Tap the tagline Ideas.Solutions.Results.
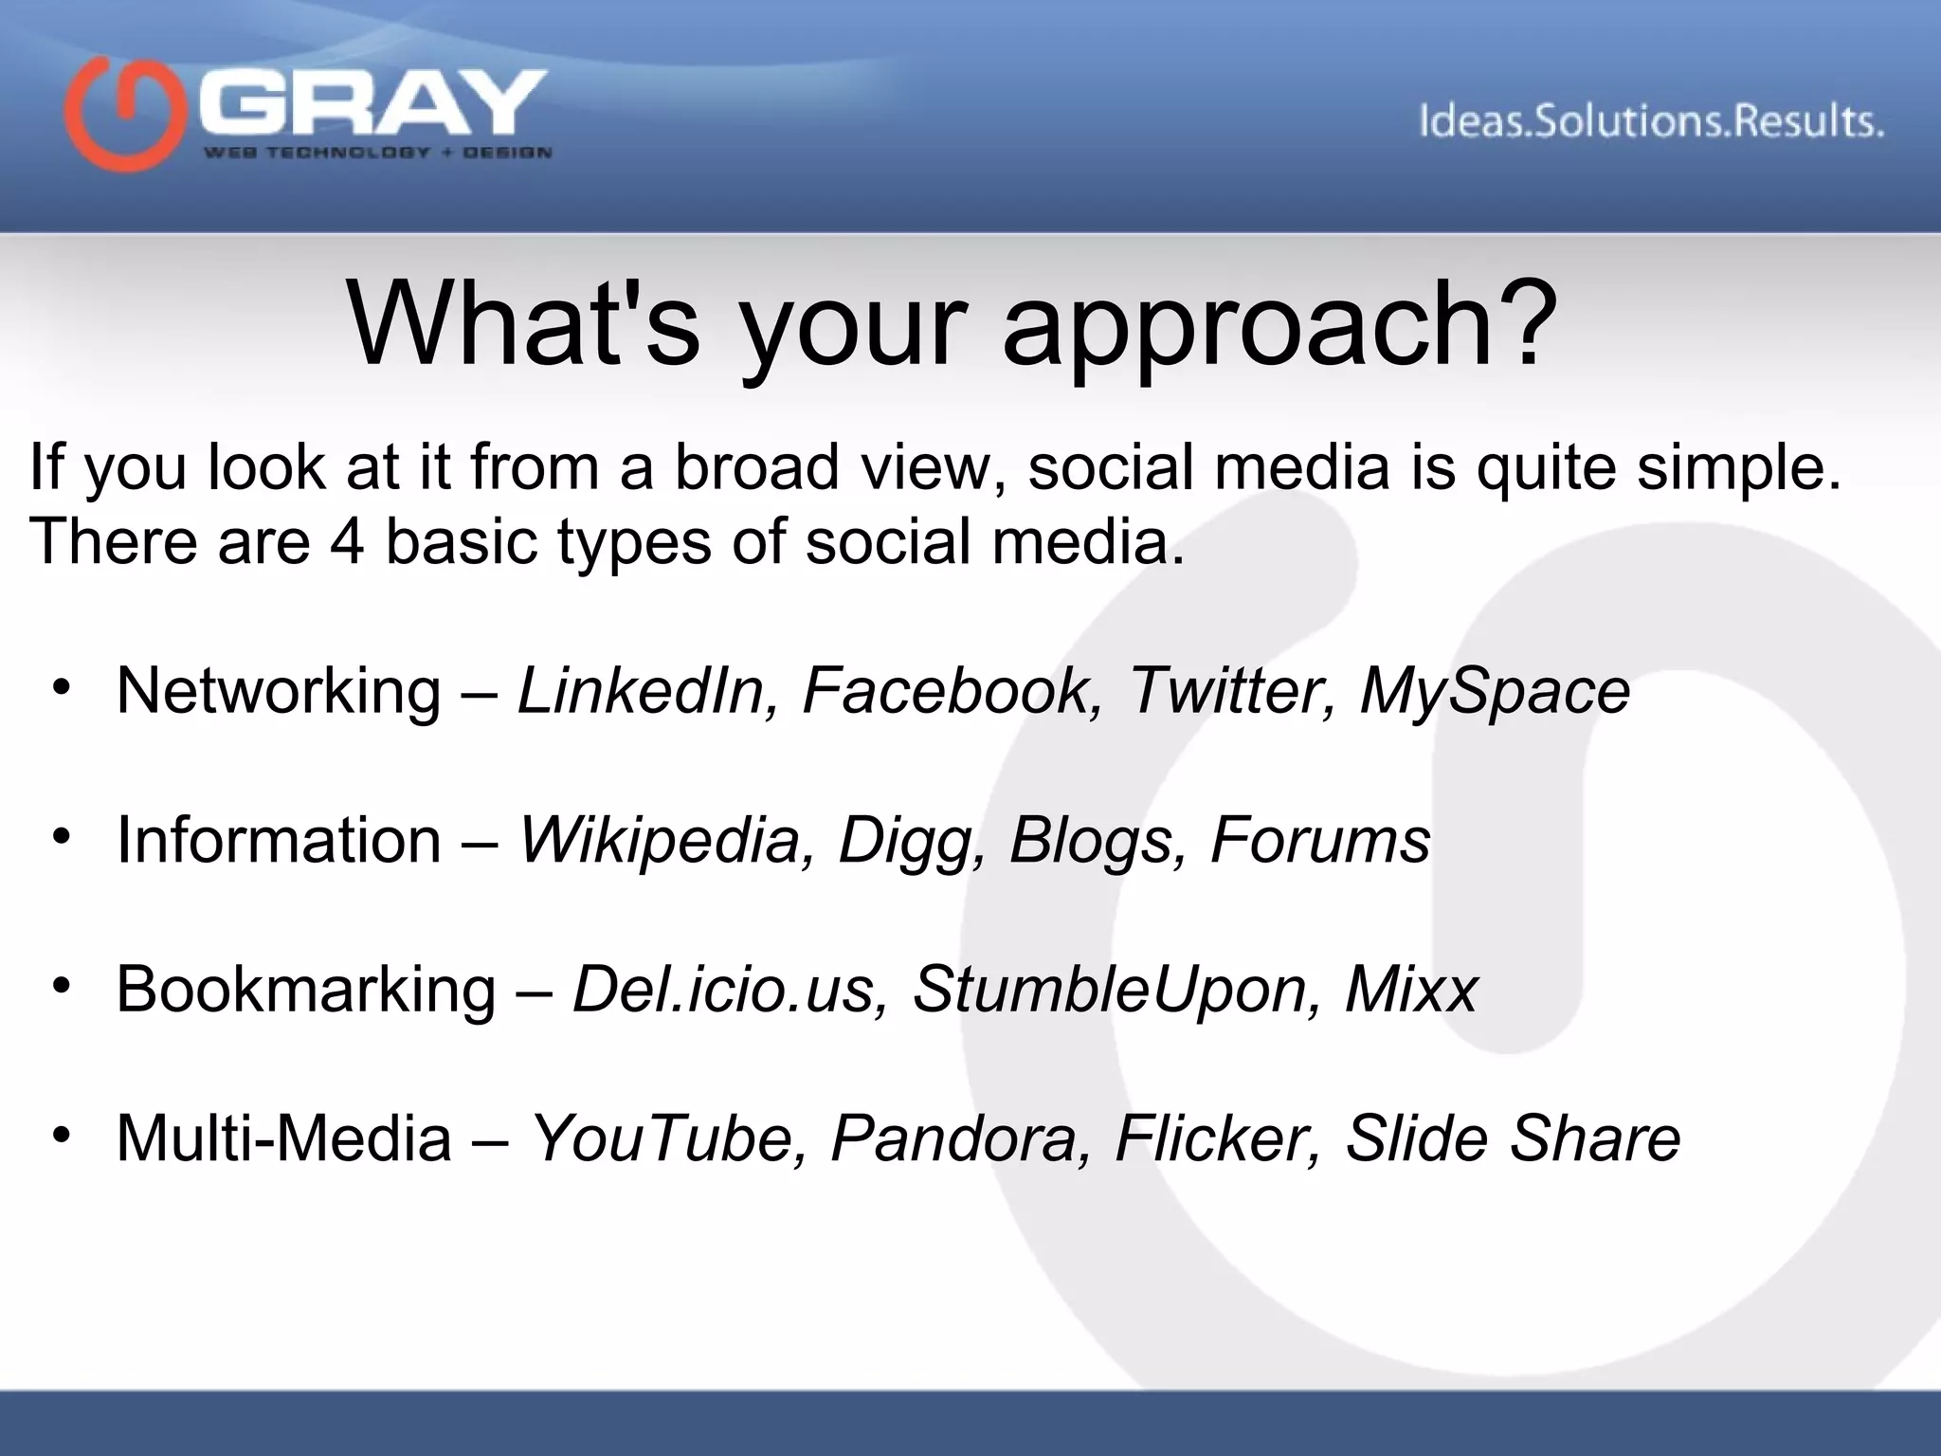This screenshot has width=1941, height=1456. (x=1651, y=122)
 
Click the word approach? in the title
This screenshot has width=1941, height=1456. (x=1279, y=324)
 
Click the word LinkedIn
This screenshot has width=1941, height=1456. (x=641, y=690)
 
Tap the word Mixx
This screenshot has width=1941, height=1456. (x=1411, y=989)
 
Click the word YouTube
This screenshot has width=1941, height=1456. (x=661, y=1137)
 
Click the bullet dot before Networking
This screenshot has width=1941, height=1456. (x=63, y=687)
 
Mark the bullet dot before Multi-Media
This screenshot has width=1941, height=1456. (x=63, y=1135)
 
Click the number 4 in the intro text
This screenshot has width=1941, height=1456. (x=346, y=542)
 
